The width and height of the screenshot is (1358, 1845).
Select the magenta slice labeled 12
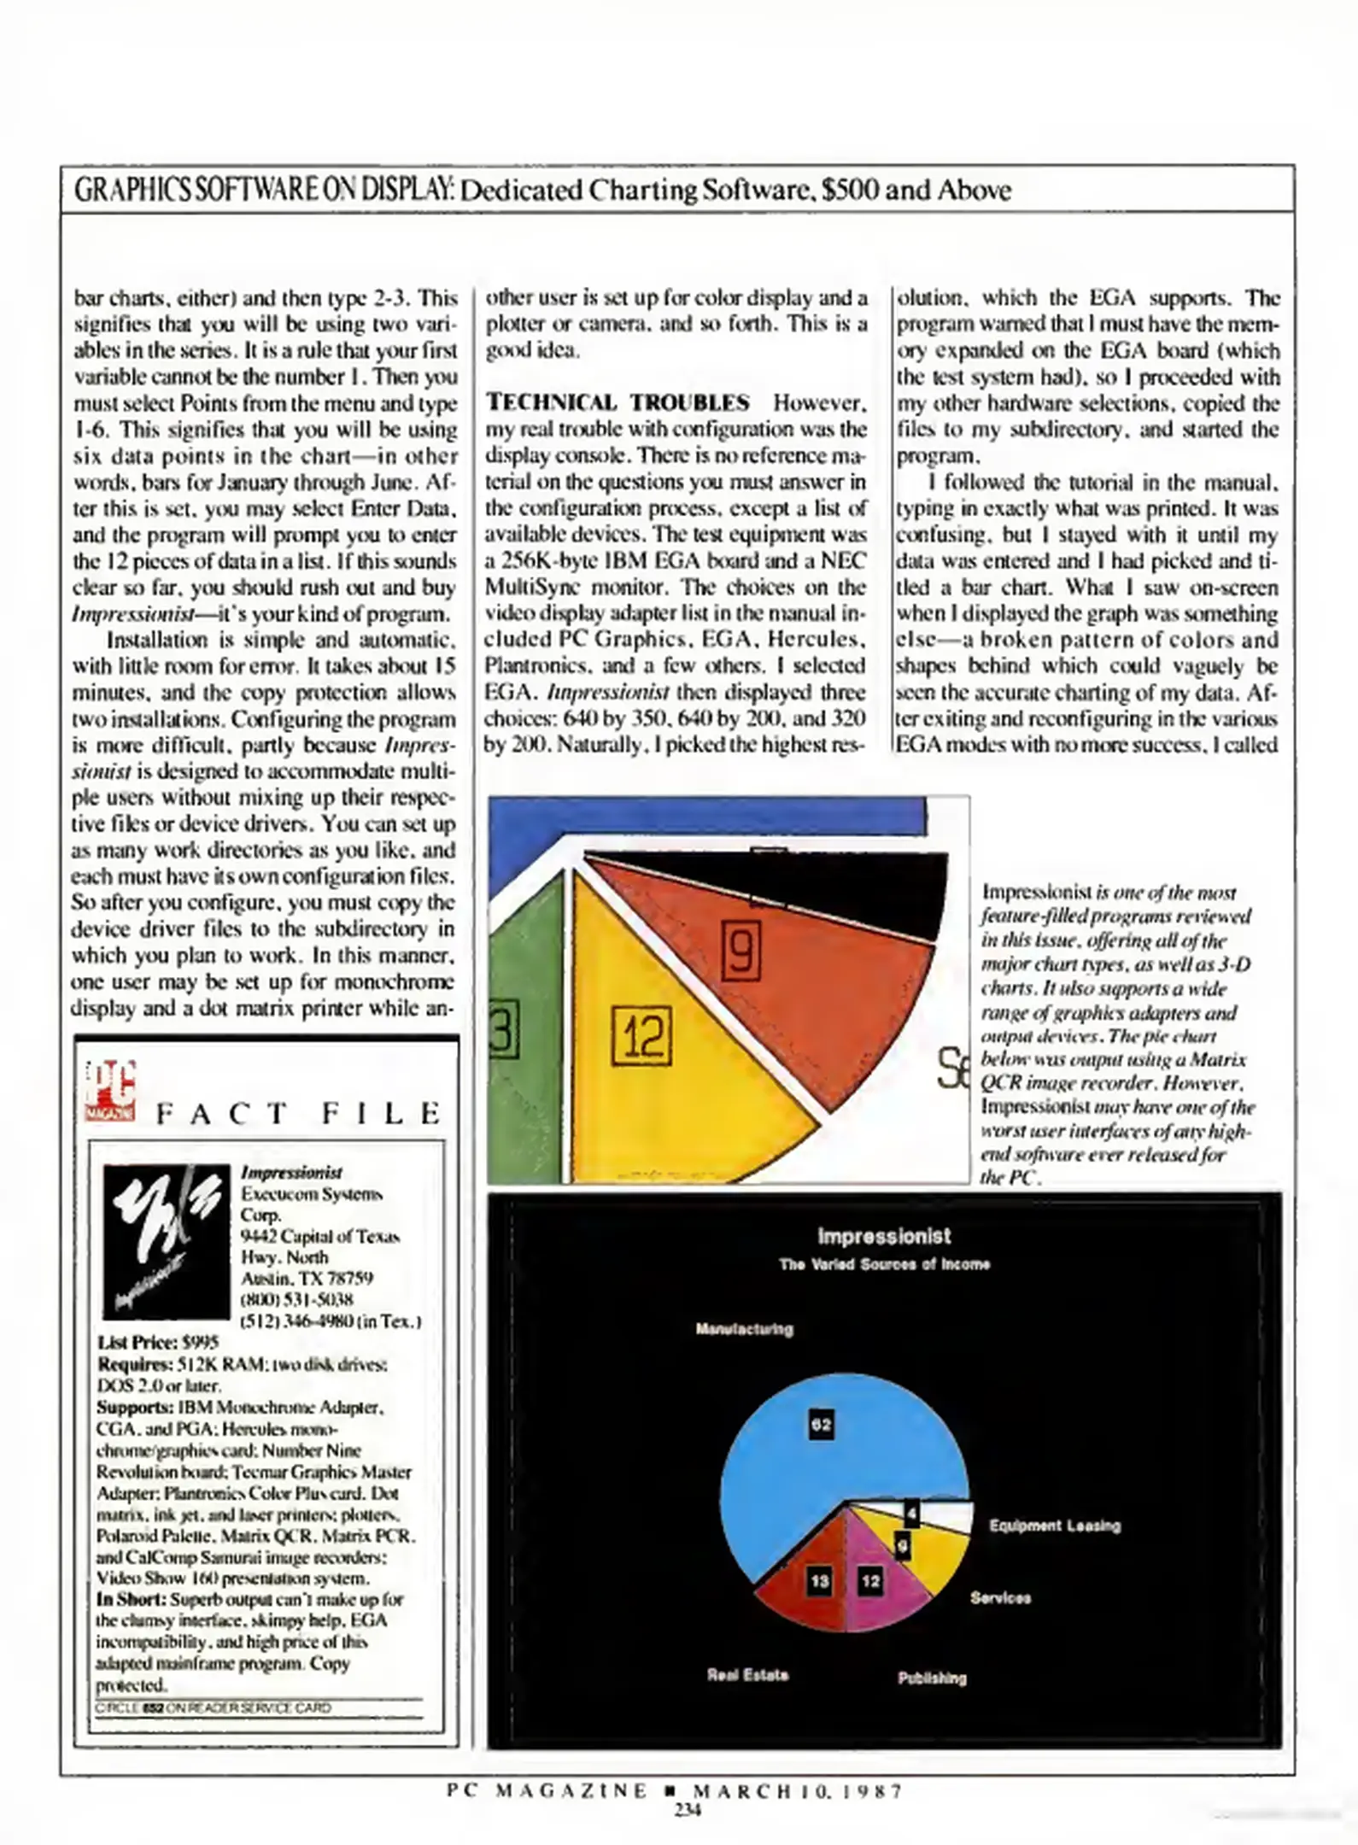pyautogui.click(x=880, y=1589)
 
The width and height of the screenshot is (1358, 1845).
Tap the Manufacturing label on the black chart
pyautogui.click(x=744, y=1329)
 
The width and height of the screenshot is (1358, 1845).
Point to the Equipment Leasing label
pyautogui.click(x=1054, y=1526)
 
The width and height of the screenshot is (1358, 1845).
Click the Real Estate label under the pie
pyautogui.click(x=747, y=1675)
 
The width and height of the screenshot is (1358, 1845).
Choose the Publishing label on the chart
pyautogui.click(x=932, y=1678)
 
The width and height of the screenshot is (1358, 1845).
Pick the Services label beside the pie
pyautogui.click(x=1000, y=1598)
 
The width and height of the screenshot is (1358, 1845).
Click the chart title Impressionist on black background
pyautogui.click(x=884, y=1236)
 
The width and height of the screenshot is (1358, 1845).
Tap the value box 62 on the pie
pyautogui.click(x=821, y=1424)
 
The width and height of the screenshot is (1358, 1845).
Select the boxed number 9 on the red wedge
pyautogui.click(x=741, y=949)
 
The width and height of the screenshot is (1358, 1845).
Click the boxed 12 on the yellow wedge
pyautogui.click(x=642, y=1036)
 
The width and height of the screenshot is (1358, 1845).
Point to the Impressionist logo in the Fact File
pyautogui.click(x=167, y=1241)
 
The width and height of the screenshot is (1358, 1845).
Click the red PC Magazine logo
pyautogui.click(x=110, y=1091)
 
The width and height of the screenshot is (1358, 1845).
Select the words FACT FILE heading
pyautogui.click(x=299, y=1113)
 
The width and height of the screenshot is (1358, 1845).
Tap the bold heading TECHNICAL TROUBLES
pyautogui.click(x=618, y=402)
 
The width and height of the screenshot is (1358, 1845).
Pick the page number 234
pyautogui.click(x=688, y=1809)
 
